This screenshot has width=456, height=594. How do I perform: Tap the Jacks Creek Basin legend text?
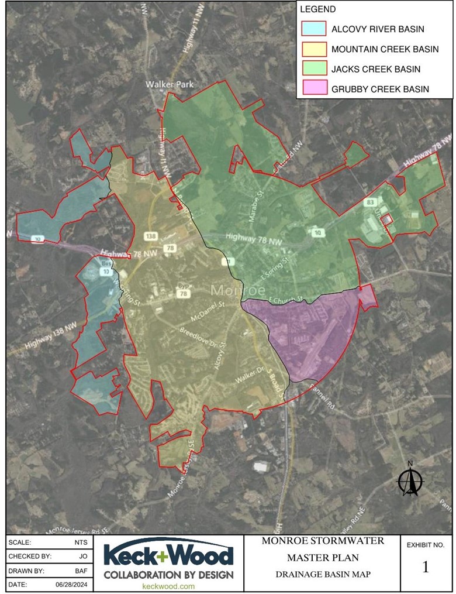[375, 70]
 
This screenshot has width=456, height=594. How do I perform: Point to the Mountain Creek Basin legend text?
[385, 49]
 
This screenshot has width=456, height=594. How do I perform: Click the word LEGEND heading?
[317, 9]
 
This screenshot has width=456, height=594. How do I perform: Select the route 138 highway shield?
[151, 235]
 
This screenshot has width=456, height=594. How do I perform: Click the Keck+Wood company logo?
[168, 561]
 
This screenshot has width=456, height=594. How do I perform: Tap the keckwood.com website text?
[168, 586]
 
